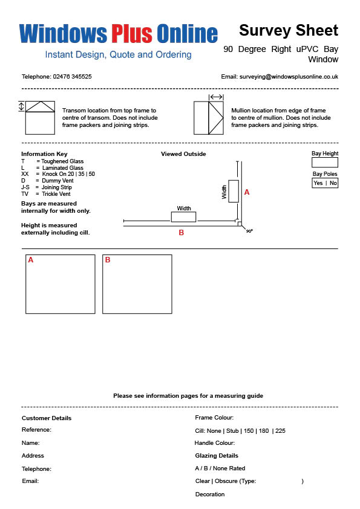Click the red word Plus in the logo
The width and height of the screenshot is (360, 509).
[x=132, y=33]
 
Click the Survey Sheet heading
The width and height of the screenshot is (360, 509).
[x=289, y=30]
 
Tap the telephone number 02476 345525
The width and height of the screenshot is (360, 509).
[x=72, y=77]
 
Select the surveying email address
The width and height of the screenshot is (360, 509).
[x=289, y=77]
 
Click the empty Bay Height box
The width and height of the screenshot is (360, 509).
[x=324, y=162]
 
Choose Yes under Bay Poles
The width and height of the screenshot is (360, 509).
[x=318, y=183]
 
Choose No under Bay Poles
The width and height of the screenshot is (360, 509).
[x=333, y=183]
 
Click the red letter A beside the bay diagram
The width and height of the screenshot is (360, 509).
[x=247, y=192]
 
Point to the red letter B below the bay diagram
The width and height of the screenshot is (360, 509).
[x=182, y=232]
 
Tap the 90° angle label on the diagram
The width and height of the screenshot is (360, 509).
[x=249, y=231]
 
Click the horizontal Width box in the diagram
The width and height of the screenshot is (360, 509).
[x=183, y=217]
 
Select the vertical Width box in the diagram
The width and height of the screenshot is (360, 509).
[x=234, y=191]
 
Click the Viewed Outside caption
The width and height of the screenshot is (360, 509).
[x=183, y=154]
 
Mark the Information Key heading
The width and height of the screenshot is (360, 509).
[x=44, y=154]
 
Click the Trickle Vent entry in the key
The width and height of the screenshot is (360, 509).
[x=56, y=194]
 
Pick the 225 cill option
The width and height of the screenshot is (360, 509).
[x=280, y=431]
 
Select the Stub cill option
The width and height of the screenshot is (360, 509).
[x=232, y=431]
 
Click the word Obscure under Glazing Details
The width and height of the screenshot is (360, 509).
[x=226, y=481]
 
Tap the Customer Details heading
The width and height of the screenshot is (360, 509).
[x=47, y=418]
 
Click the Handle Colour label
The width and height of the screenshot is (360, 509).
[x=214, y=443]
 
